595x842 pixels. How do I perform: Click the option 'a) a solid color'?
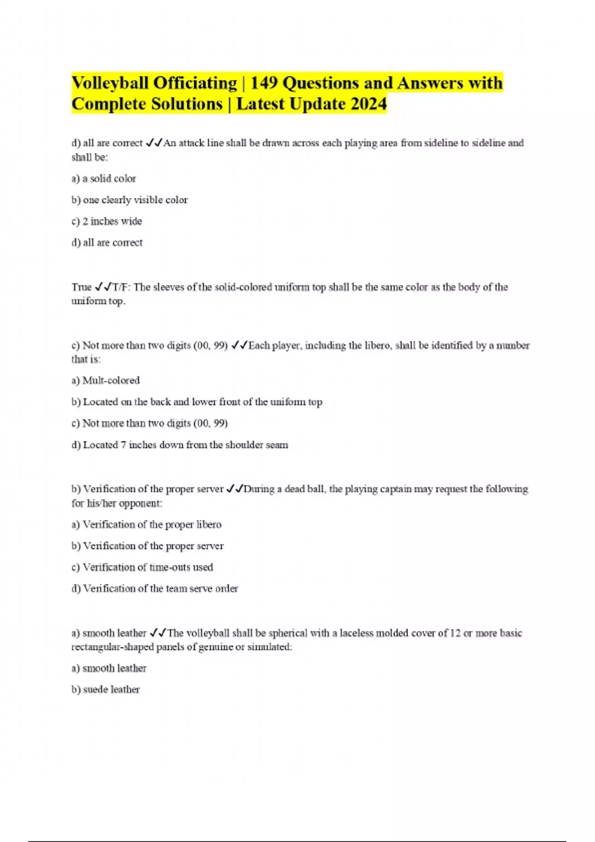(x=104, y=179)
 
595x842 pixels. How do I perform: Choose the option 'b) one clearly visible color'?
(x=129, y=200)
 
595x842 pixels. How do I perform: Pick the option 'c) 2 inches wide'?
(x=107, y=221)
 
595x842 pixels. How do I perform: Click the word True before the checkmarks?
(x=81, y=287)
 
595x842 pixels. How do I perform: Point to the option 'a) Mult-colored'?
(x=106, y=380)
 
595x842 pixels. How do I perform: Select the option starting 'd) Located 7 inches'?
(x=179, y=445)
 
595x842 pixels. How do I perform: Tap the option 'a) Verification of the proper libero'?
(x=146, y=525)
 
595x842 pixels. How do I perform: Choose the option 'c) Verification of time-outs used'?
(x=142, y=567)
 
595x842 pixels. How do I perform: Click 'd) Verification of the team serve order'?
(x=155, y=588)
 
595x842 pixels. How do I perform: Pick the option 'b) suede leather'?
(x=106, y=689)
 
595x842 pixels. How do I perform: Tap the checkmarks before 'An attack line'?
(x=154, y=143)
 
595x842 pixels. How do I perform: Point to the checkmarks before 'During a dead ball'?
(x=235, y=489)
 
